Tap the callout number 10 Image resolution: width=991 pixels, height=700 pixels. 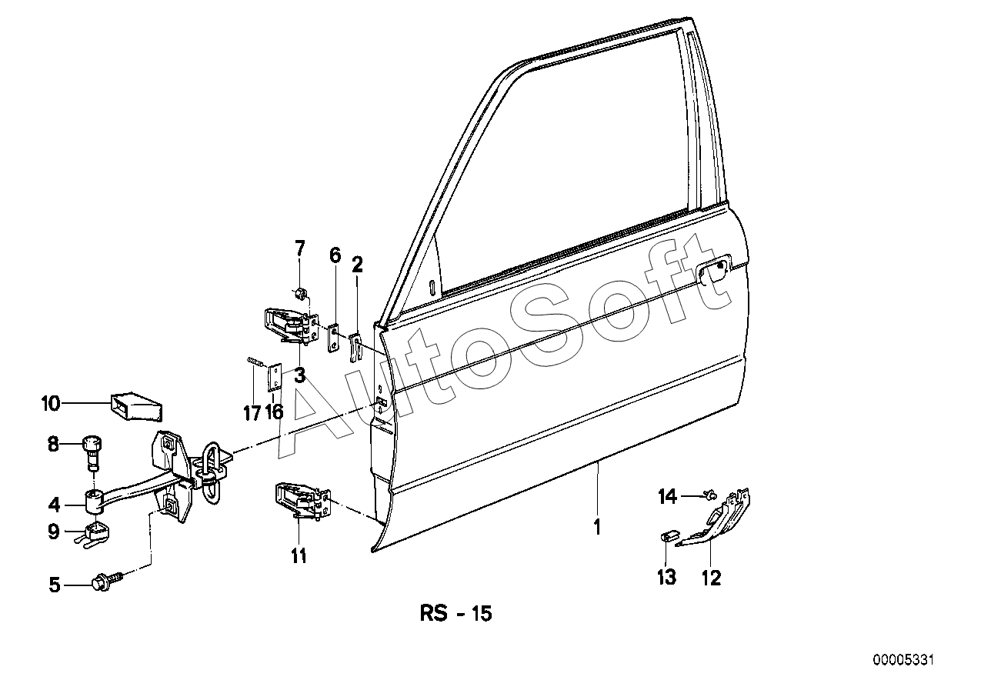click(x=51, y=402)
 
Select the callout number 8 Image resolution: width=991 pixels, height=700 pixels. click(x=53, y=444)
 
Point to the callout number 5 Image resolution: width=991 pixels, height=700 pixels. click(x=54, y=585)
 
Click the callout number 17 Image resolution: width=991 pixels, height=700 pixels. click(x=252, y=413)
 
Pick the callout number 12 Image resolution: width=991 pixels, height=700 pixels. click(x=712, y=577)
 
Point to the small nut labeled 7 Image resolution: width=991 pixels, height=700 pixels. click(x=301, y=292)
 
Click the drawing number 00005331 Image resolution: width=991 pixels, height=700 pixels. click(x=903, y=660)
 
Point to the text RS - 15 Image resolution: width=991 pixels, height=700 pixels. click(x=455, y=614)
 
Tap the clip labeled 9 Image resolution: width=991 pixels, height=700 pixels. click(x=95, y=532)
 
